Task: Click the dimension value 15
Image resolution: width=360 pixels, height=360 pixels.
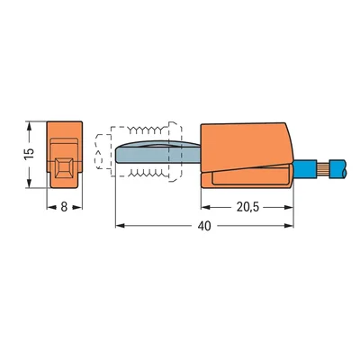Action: pos(29,154)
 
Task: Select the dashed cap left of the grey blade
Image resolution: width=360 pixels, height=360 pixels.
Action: pos(101,154)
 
